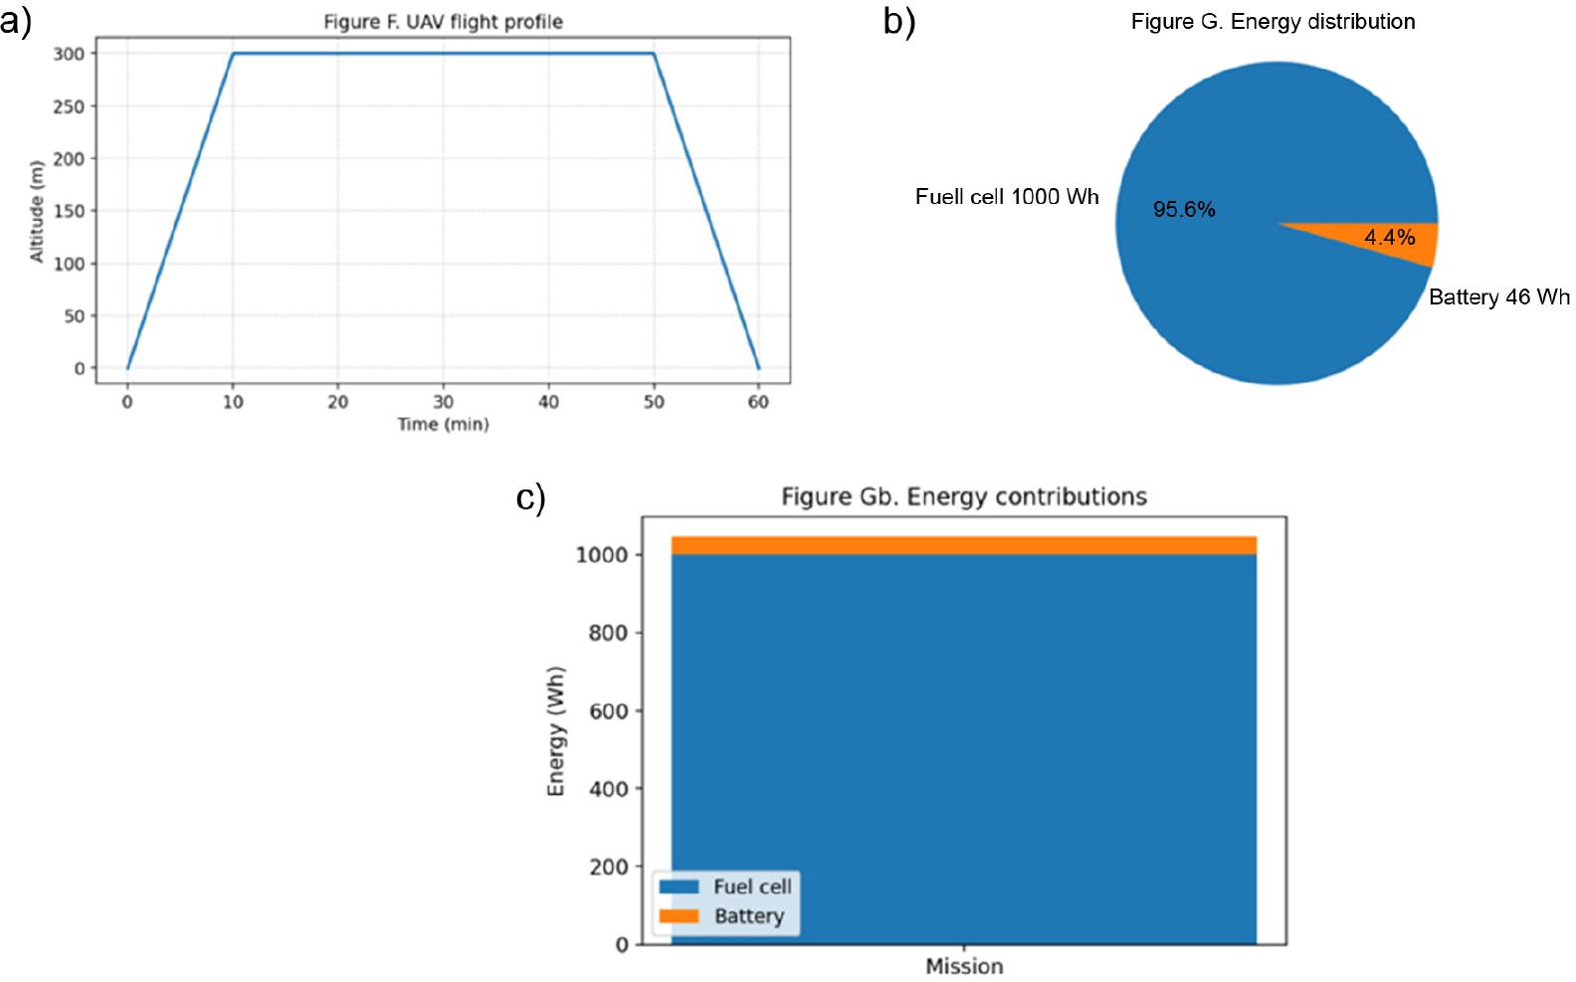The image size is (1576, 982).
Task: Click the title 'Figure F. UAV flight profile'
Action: [443, 22]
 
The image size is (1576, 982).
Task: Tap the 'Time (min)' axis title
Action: [443, 425]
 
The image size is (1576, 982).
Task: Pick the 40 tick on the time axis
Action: [548, 402]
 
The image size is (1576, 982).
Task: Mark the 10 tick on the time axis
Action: [233, 402]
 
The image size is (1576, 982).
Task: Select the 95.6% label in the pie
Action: [1184, 210]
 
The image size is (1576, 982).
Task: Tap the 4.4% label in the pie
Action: [1389, 238]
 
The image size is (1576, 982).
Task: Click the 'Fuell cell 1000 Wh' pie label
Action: [1007, 197]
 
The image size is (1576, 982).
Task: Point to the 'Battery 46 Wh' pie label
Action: [1499, 297]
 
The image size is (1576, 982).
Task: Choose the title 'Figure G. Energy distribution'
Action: [1273, 22]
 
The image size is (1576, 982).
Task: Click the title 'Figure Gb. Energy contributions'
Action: [963, 496]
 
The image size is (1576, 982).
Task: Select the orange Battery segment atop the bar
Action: [963, 545]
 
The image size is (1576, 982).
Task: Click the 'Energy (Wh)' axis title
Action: [556, 730]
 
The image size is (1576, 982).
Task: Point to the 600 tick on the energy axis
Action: [603, 711]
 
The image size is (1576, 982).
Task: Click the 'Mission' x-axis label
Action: [964, 966]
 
